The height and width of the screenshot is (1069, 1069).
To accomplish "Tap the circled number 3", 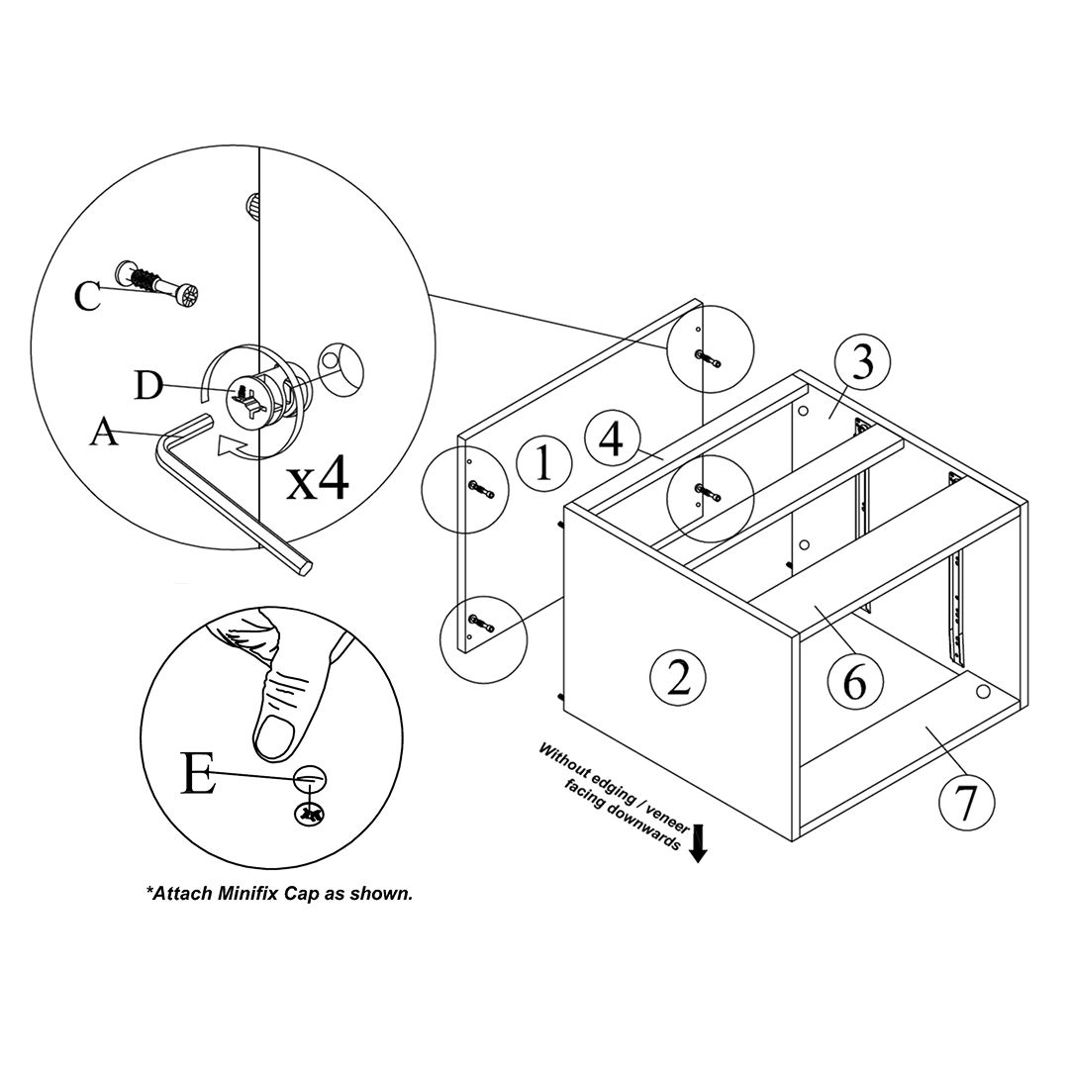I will coord(862,363).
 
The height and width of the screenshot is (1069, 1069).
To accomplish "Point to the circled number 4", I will coord(612,438).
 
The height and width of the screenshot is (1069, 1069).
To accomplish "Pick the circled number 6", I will coord(855,680).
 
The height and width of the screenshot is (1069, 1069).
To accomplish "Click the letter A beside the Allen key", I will coord(104,433).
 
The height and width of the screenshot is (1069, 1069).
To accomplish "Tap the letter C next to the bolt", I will coord(88,295).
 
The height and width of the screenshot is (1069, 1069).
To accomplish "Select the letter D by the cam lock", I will coord(148,385).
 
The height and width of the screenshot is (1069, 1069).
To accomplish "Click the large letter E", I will coord(199,774).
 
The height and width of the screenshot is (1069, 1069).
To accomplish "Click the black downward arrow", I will coord(699,843).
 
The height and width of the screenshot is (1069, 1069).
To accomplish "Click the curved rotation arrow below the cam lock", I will coord(235,447).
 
